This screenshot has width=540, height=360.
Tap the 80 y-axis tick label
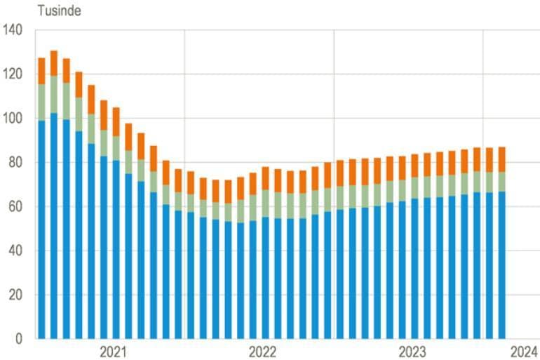[x=15, y=163]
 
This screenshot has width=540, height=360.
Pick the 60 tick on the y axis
[x=15, y=207]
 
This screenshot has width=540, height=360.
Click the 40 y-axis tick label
[x=15, y=251]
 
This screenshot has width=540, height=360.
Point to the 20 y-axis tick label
[x=15, y=295]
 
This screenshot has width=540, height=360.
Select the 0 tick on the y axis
[x=18, y=339]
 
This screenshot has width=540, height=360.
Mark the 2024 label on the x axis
[x=522, y=352]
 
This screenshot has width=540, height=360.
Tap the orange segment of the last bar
[x=501, y=159]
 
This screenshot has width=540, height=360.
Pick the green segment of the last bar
[x=501, y=181]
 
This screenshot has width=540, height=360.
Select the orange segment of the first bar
[x=41, y=71]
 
